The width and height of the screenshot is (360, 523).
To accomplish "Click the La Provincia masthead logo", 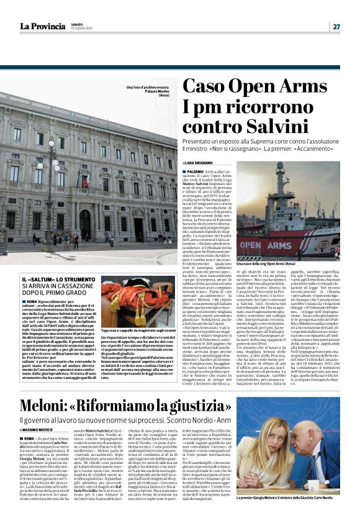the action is [x=43, y=26].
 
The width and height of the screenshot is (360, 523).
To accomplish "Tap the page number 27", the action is [x=336, y=26].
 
